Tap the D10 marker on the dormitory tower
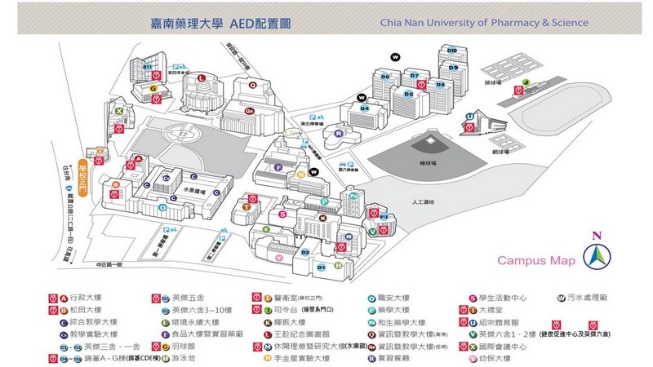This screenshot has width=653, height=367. click(x=452, y=50)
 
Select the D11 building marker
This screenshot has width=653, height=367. click(x=149, y=65)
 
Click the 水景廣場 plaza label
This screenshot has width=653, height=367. click(x=191, y=188)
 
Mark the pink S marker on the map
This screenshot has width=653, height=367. click(x=282, y=214)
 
